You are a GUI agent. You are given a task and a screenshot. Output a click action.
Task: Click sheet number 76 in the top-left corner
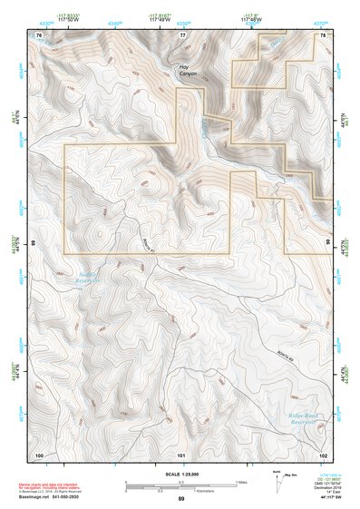(x=39, y=35)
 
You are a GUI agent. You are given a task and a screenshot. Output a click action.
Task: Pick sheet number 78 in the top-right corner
(x=322, y=35)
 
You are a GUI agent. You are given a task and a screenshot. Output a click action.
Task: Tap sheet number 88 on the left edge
(x=34, y=244)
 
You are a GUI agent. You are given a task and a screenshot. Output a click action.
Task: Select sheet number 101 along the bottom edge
(x=181, y=453)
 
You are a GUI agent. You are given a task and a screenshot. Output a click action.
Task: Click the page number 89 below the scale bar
(x=180, y=499)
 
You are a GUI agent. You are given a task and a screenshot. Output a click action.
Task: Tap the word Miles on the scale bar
(x=240, y=483)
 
